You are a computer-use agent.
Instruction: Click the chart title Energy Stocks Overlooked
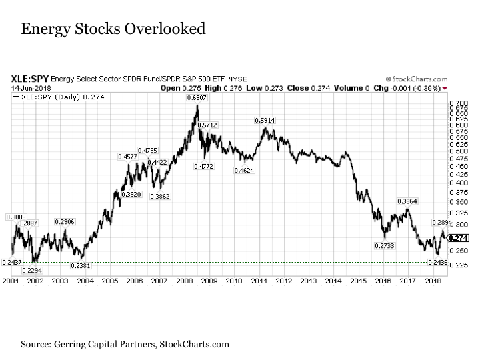113,29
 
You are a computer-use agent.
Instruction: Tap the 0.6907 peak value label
197,99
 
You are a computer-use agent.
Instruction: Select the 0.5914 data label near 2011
265,120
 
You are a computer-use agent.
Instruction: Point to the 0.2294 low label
31,270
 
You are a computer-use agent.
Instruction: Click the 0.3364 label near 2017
407,201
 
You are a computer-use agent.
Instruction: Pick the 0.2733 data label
384,246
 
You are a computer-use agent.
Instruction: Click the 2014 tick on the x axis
333,282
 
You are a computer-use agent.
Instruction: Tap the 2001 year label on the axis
10,282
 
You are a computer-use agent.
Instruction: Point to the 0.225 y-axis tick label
458,264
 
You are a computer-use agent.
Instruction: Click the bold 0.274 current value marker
458,238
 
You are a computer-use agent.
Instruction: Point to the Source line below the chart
125,345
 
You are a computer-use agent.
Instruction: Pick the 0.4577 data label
127,157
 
